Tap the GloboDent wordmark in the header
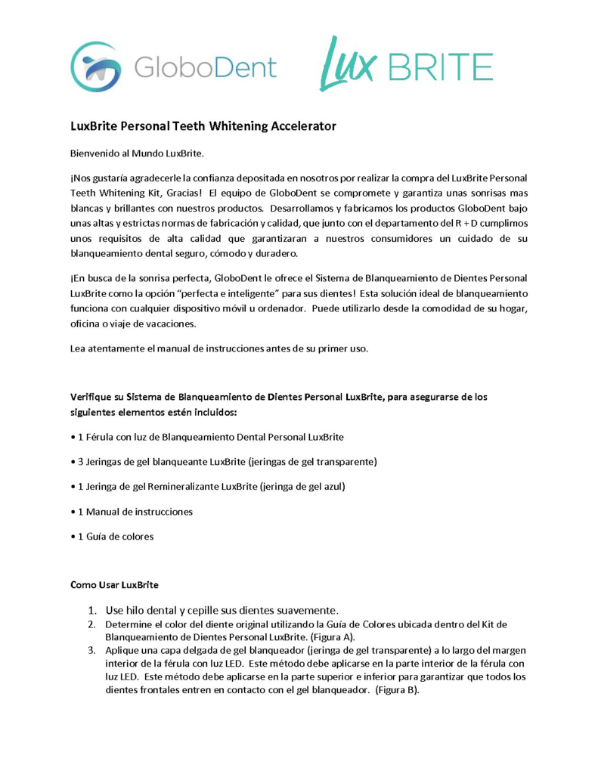[x=206, y=67]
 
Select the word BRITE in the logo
[x=439, y=67]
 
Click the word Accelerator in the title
[x=297, y=126]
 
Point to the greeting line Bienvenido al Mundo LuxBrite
[x=138, y=154]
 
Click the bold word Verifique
[x=96, y=396]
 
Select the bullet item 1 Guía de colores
[x=113, y=537]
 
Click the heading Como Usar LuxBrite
[x=114, y=585]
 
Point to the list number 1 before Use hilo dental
[x=91, y=610]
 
